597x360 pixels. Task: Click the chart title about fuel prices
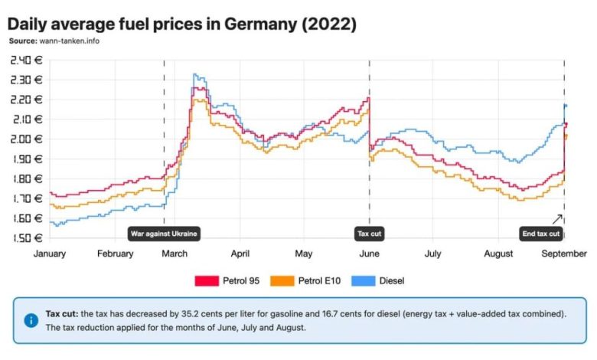182,24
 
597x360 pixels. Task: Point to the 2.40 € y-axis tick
27,60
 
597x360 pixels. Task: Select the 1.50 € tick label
27,238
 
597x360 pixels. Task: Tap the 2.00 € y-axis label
27,139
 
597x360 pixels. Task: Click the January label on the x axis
50,254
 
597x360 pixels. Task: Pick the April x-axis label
240,254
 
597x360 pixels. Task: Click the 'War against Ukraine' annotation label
163,234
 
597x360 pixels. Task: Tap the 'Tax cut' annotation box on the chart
370,234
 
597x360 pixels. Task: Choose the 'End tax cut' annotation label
541,234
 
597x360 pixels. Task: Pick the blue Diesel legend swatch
364,281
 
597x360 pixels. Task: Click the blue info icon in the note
31,320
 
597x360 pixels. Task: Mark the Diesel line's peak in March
195,75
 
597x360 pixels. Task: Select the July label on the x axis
432,254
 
